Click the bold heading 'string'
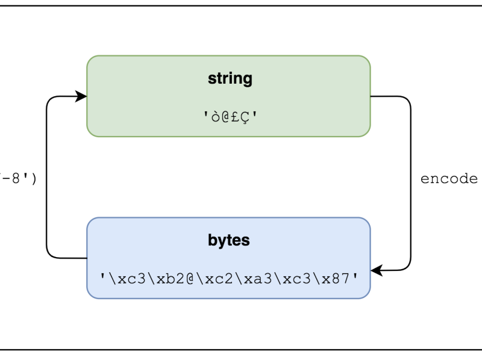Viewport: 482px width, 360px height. point(230,79)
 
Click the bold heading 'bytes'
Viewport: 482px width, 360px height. point(229,241)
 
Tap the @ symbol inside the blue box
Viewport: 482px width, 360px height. point(190,278)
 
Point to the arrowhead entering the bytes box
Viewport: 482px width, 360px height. point(376,270)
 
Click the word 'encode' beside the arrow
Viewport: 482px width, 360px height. point(448,179)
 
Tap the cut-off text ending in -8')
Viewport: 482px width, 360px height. point(18,179)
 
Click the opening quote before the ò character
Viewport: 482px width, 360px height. point(205,114)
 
